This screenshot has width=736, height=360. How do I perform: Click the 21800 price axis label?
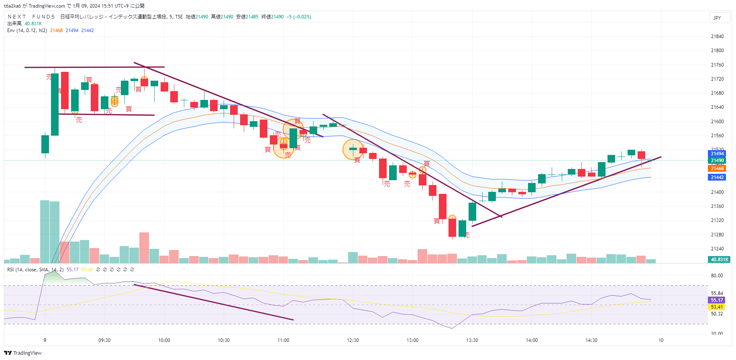coord(717,51)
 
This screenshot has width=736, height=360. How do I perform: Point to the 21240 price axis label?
coord(717,249)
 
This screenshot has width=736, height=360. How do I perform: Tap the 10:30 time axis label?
coord(224,340)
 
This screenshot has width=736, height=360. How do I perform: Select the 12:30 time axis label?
coord(353,340)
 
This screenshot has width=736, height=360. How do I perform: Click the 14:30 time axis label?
coord(591,340)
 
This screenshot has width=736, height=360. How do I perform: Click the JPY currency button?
coord(717,18)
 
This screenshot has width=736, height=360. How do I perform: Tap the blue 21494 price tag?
coord(717,154)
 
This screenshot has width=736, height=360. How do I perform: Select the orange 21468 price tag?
coord(717,169)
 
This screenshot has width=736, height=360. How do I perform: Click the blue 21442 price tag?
coord(717,177)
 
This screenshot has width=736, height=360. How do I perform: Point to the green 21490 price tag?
coord(717,161)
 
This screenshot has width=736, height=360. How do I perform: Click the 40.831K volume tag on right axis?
coord(719,260)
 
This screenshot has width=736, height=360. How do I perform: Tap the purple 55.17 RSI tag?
coord(717,300)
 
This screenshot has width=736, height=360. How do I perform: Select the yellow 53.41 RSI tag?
coord(717,307)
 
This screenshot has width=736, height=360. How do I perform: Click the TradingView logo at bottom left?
coord(23,353)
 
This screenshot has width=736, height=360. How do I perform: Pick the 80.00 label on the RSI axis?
coord(717,276)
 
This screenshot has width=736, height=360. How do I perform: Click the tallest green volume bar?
coord(45,231)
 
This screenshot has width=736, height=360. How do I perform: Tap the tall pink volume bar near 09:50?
coord(144,247)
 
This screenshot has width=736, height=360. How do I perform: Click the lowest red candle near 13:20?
coord(452,228)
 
